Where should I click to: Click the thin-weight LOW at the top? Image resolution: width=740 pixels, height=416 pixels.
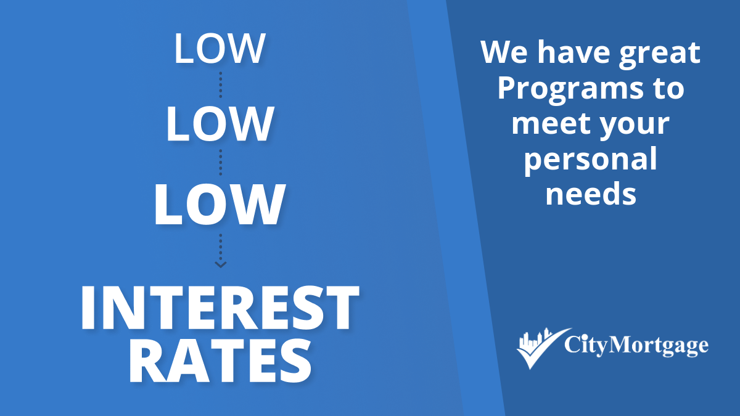click(220, 48)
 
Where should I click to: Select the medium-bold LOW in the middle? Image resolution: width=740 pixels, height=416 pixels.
click(220, 124)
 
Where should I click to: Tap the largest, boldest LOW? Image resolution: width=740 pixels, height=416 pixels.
click(220, 205)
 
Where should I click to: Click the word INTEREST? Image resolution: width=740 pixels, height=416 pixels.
click(220, 308)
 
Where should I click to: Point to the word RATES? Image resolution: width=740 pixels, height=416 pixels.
click(220, 361)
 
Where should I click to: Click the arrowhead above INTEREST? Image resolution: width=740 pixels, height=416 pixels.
click(220, 264)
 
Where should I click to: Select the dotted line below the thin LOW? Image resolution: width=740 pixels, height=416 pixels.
click(220, 85)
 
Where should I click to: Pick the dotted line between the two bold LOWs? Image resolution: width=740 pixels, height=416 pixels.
click(220, 163)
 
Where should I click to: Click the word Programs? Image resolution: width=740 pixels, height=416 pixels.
click(570, 90)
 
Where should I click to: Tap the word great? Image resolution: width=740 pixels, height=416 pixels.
click(660, 54)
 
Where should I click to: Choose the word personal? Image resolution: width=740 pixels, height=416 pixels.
click(590, 160)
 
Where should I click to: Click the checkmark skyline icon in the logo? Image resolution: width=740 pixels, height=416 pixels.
click(543, 348)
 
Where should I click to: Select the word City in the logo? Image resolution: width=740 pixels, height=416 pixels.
click(586, 346)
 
